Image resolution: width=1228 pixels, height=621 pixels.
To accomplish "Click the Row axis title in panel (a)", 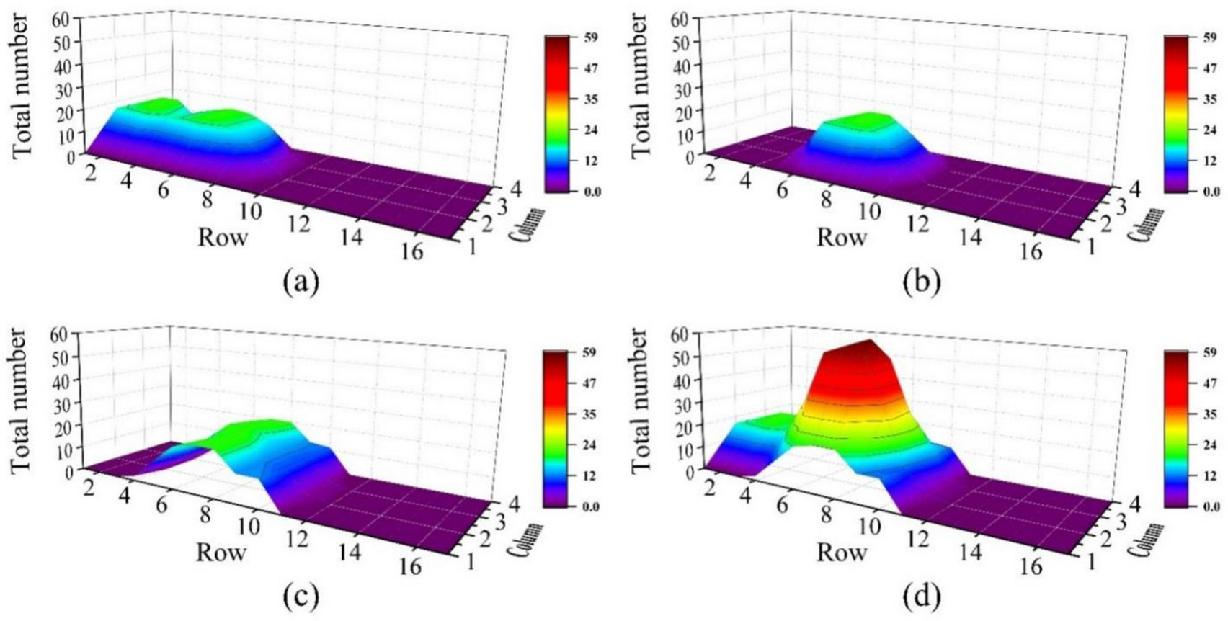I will [x=222, y=236].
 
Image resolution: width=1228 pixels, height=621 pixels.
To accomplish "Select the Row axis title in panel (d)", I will [x=841, y=552].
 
